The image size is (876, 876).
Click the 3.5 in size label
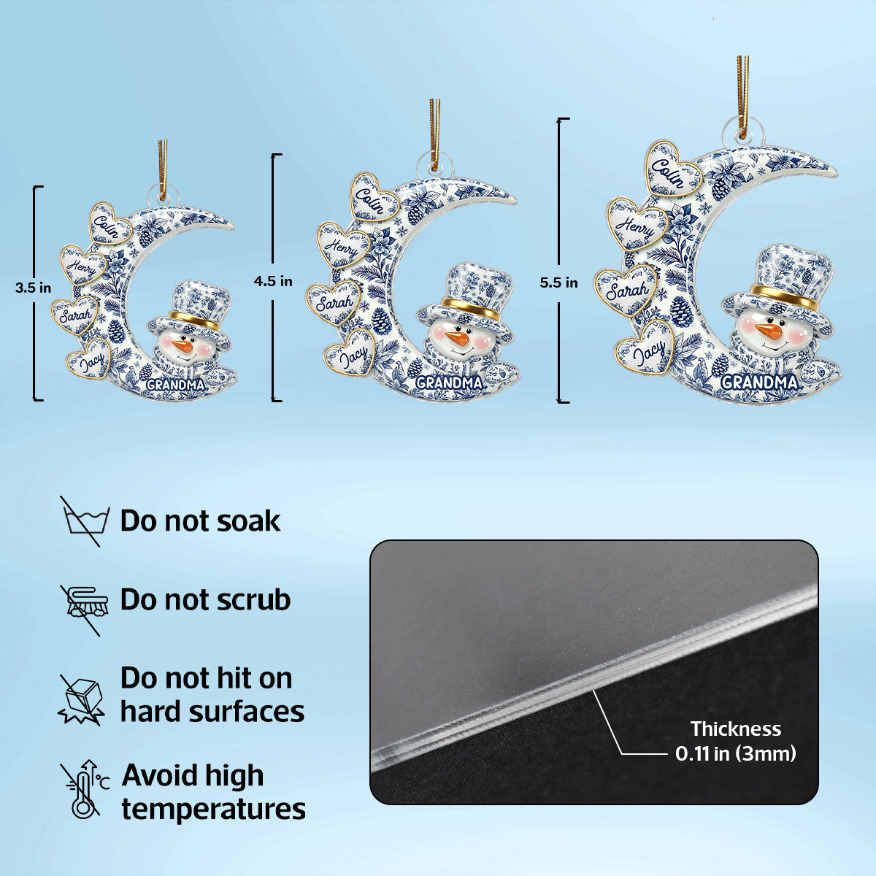click(33, 288)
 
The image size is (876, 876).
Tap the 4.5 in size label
click(273, 281)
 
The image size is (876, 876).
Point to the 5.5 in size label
click(558, 283)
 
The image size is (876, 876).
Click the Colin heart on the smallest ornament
click(109, 223)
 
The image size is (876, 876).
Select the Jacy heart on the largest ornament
click(645, 347)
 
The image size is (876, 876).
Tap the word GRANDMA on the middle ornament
click(449, 383)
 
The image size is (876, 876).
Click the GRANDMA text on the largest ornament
click(758, 383)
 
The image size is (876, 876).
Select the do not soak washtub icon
click(85, 520)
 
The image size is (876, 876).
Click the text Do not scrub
click(205, 599)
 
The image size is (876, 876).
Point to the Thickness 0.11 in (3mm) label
click(736, 741)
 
